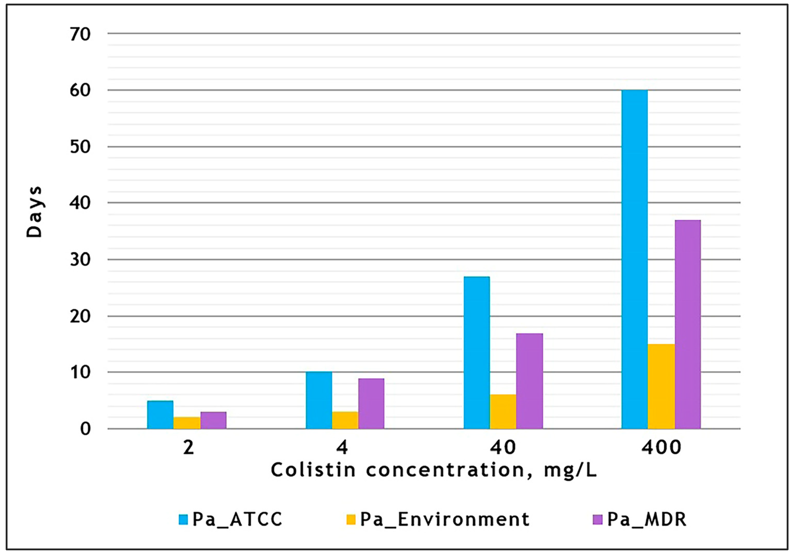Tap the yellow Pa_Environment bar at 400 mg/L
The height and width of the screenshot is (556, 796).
pyautogui.click(x=661, y=387)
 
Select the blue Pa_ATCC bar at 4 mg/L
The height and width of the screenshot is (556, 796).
pyautogui.click(x=319, y=400)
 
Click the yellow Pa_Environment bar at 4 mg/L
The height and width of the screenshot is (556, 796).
pyautogui.click(x=345, y=420)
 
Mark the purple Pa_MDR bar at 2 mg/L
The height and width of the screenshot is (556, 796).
pyautogui.click(x=213, y=420)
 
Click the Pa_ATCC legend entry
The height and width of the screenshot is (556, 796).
pyautogui.click(x=230, y=519)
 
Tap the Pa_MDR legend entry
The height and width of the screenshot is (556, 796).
pyautogui.click(x=640, y=519)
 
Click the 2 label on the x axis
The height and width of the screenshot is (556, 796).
pyautogui.click(x=188, y=448)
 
